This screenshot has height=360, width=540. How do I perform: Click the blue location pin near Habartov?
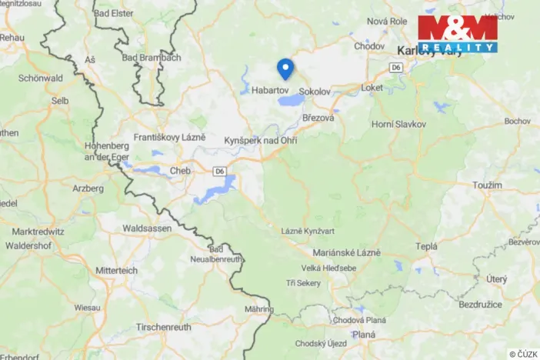click(285, 68)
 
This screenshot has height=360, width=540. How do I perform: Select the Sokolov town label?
click(314, 91)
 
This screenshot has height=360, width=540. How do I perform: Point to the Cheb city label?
click(180, 171)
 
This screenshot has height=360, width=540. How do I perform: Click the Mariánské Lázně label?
click(343, 252)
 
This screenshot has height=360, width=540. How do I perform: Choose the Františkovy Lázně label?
click(171, 136)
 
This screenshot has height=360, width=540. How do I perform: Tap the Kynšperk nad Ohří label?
click(261, 142)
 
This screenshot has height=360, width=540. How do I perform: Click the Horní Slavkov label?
click(399, 124)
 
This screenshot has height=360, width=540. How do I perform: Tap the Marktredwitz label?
click(38, 231)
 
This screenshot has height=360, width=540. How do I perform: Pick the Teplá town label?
click(426, 246)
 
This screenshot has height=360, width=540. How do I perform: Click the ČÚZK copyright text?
click(522, 353)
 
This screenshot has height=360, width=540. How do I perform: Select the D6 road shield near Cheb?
click(220, 171)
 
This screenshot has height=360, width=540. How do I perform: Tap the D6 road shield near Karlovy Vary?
click(396, 68)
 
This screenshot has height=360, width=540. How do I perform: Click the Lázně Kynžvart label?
click(307, 232)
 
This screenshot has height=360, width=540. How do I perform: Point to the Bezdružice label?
click(481, 305)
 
